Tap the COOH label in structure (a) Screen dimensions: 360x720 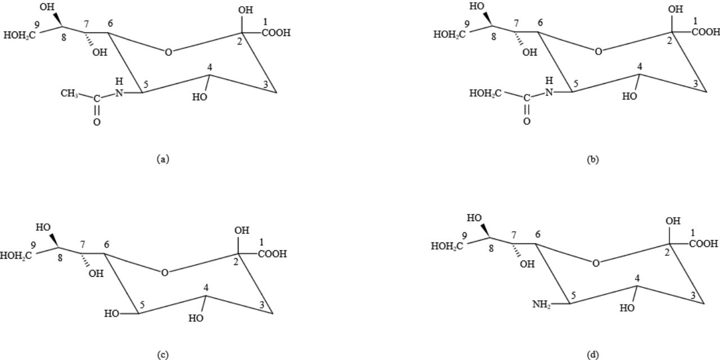276,33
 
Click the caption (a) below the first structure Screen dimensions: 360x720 163,159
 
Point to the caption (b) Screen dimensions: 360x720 593,159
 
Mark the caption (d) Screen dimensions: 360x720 593,354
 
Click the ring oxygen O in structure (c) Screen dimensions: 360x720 164,273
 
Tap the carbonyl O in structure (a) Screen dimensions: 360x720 97,122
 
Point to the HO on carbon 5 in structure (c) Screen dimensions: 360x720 112,314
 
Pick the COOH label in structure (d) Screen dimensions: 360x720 703,244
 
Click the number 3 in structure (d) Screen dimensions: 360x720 694,296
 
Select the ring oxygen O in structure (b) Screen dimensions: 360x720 598,52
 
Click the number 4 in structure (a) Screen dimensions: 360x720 210,67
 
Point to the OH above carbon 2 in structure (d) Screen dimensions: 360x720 672,222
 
